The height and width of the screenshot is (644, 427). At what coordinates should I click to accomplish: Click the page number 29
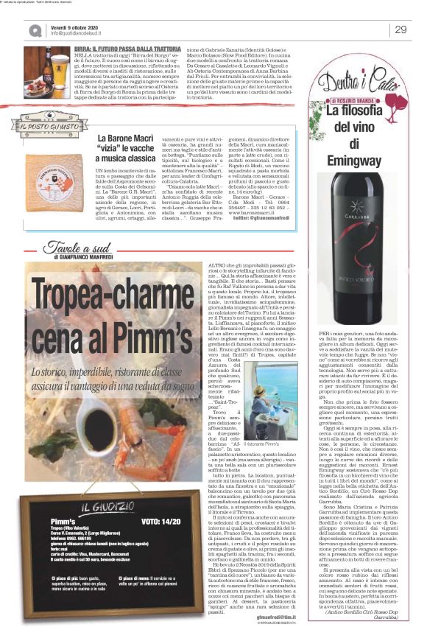tap(400, 29)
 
